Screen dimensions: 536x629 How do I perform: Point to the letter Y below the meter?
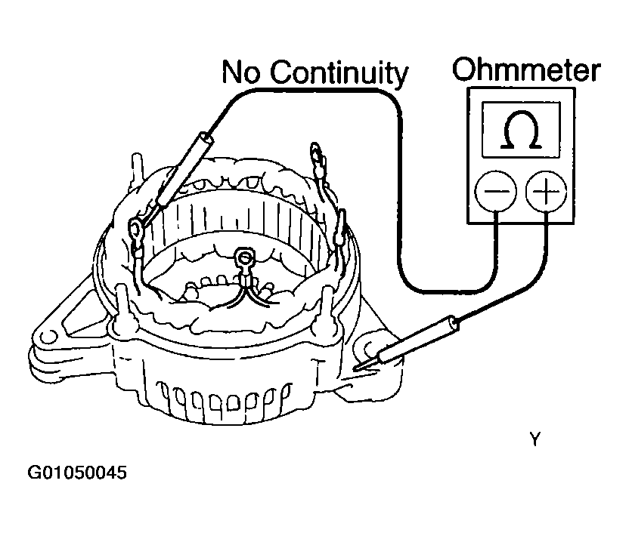tap(535, 439)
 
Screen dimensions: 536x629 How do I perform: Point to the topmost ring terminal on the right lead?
tap(316, 159)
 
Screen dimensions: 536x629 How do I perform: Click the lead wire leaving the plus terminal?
tap(546, 249)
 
